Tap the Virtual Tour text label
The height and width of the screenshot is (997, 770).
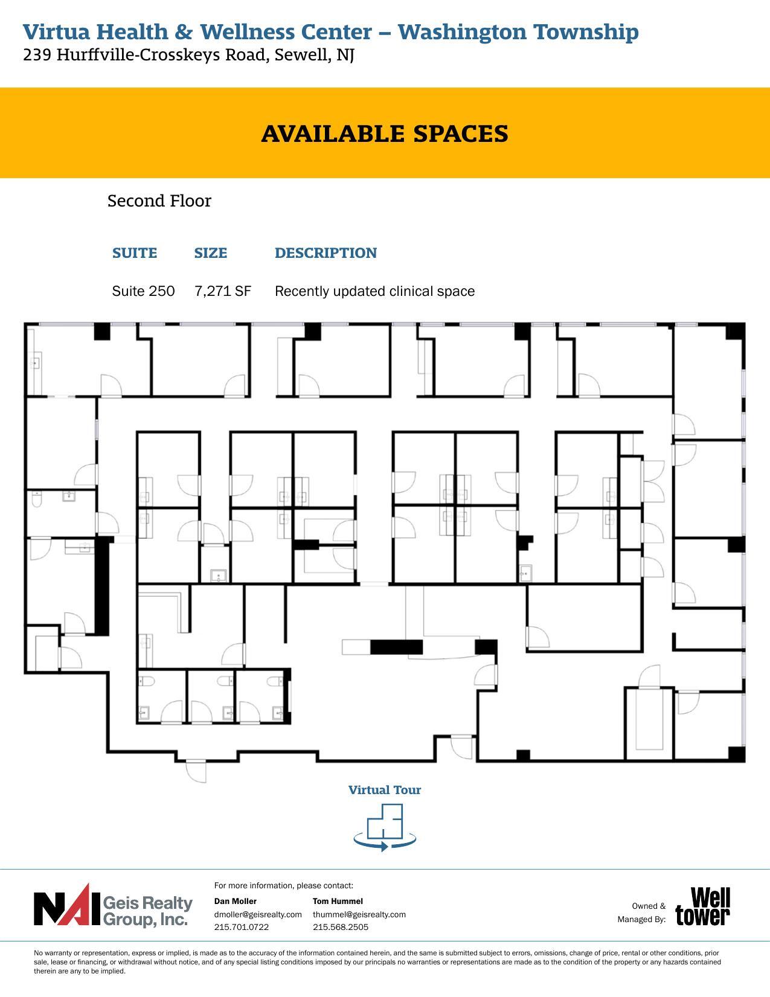coord(385,790)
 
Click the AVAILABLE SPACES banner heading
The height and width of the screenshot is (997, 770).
coord(385,133)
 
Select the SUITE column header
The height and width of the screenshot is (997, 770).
coord(135,253)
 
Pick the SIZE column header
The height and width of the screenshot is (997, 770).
coord(211,253)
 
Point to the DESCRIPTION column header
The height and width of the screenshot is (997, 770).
coord(326,253)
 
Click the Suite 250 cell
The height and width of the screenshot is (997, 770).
coord(143,291)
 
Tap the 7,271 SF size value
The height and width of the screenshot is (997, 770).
coord(222,291)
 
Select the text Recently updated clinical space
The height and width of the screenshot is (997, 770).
coord(374,291)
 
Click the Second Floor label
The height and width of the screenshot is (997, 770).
coord(159,201)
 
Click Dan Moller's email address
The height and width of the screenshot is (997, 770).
coord(258,914)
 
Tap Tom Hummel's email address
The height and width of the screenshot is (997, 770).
coord(359,914)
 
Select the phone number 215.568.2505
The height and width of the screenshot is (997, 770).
coord(341,927)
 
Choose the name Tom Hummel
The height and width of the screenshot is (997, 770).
coord(338,901)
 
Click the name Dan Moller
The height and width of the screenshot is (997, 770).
coord(236,901)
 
